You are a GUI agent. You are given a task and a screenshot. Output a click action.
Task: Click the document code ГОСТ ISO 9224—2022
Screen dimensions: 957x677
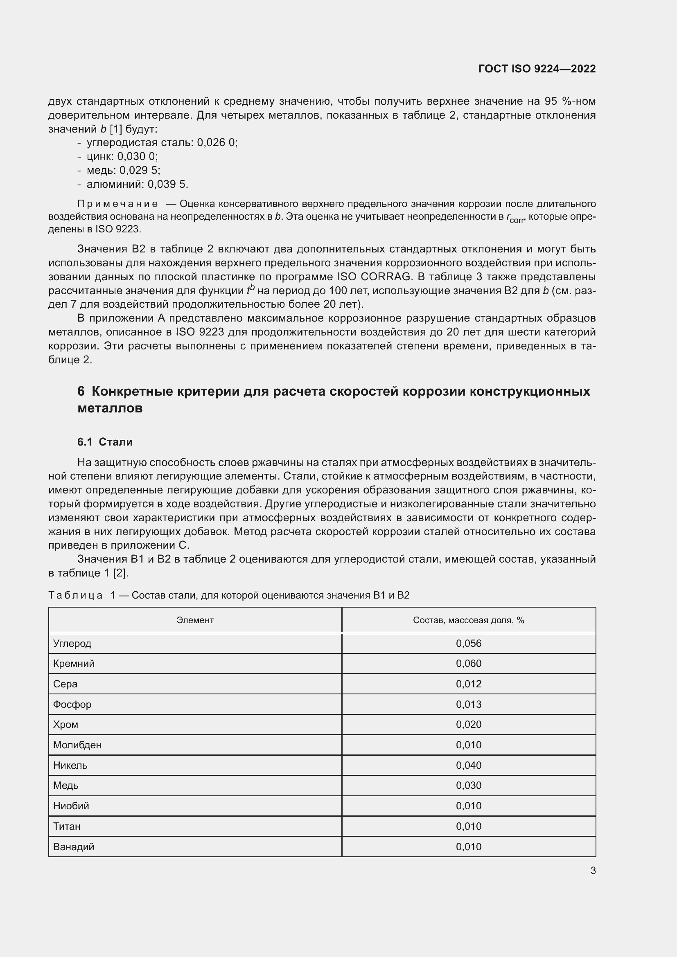pos(537,69)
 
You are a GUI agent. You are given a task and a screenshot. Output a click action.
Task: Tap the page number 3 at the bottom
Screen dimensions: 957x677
pos(593,871)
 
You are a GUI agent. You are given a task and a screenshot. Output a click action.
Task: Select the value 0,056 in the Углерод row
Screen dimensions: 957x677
pos(469,644)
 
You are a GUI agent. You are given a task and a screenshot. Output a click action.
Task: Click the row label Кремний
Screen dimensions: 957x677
pos(74,664)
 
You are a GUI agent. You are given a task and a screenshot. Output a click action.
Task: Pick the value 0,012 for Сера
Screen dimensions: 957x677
pos(469,684)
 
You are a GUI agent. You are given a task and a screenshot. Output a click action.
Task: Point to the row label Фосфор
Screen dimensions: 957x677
pos(72,705)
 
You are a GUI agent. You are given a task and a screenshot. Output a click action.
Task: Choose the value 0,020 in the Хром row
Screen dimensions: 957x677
pos(469,725)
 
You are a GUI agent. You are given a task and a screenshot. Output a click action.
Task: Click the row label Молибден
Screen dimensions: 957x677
pos(77,745)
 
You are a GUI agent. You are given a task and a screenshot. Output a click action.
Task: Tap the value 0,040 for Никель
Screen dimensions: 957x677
pos(469,765)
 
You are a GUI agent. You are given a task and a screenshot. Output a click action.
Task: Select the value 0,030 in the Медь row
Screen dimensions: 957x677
pos(469,785)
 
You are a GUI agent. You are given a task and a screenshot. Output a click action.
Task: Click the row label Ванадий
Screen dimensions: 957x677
pos(74,847)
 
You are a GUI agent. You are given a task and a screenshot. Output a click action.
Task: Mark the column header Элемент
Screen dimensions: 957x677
pos(195,620)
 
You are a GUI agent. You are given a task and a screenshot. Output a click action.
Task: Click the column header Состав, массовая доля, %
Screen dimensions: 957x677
pos(469,620)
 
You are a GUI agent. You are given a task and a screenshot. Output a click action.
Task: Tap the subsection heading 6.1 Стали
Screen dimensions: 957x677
pos(105,442)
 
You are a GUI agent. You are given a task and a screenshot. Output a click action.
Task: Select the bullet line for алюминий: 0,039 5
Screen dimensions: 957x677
pos(138,184)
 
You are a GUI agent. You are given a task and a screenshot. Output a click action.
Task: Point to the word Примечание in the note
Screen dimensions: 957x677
pos(117,204)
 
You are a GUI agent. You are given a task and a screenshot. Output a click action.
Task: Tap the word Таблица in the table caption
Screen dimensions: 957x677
pos(75,595)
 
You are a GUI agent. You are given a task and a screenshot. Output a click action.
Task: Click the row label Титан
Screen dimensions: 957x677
pos(67,826)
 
